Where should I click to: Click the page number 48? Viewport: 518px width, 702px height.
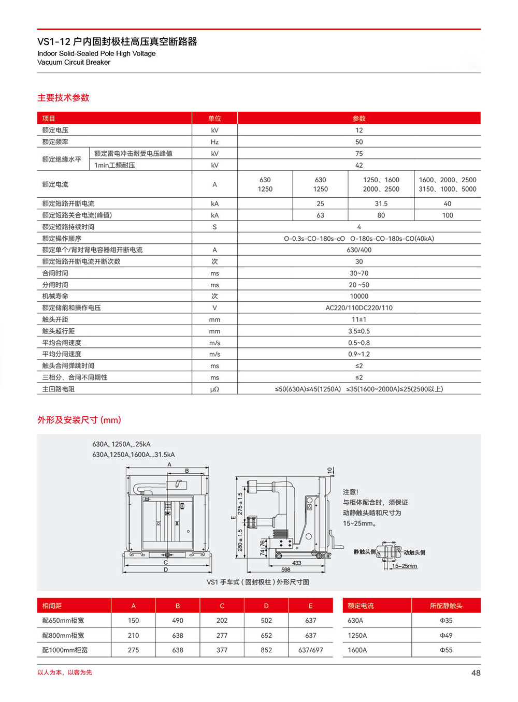476,673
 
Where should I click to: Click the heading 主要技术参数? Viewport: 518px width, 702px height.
63,97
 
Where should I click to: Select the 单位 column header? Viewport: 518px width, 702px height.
214,119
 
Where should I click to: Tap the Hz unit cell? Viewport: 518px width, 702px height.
214,142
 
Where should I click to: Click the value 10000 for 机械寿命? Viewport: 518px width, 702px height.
359,296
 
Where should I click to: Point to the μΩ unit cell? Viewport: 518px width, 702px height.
214,389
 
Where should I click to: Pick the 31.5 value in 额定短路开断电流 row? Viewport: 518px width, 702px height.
381,203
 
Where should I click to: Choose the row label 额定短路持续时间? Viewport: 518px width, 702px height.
68,227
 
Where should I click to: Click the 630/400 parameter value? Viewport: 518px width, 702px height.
359,250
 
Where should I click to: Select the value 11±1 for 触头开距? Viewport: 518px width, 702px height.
359,319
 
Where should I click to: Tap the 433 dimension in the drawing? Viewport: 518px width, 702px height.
297,563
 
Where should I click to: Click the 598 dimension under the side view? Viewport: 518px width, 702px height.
286,569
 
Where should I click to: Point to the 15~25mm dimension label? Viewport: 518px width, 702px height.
405,566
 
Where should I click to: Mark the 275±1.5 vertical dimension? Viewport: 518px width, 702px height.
240,503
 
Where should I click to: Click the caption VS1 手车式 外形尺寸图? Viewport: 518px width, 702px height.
258,582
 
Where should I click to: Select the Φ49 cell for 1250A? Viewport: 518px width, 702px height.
446,635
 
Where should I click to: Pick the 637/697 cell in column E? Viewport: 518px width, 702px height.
310,650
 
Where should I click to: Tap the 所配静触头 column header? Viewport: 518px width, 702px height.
446,606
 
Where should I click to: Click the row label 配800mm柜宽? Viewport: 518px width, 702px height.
63,635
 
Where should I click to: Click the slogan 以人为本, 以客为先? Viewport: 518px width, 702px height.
65,672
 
